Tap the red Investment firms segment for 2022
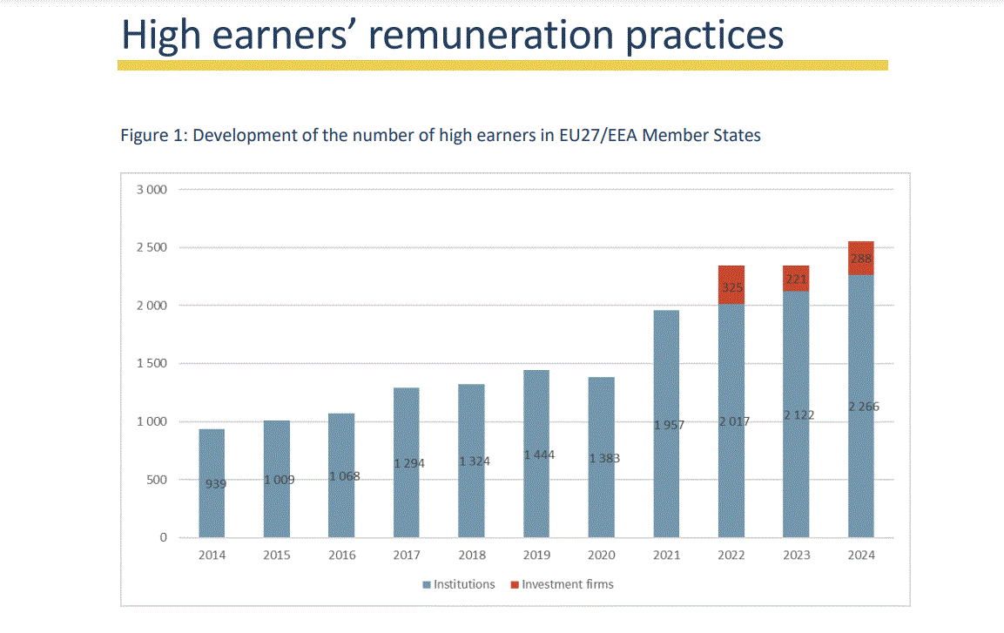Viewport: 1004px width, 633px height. coord(731,285)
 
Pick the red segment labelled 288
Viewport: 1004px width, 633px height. coord(861,258)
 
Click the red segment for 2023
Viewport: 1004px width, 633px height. coord(796,279)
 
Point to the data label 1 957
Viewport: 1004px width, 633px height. coord(667,425)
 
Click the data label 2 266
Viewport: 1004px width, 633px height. coord(861,407)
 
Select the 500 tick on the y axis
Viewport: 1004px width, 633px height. coord(156,480)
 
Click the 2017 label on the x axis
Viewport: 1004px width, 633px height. coord(407,556)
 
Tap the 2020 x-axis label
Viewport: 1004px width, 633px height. coord(602,556)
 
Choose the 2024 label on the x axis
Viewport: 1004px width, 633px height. coord(861,556)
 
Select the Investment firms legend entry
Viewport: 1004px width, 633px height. coord(567,584)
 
